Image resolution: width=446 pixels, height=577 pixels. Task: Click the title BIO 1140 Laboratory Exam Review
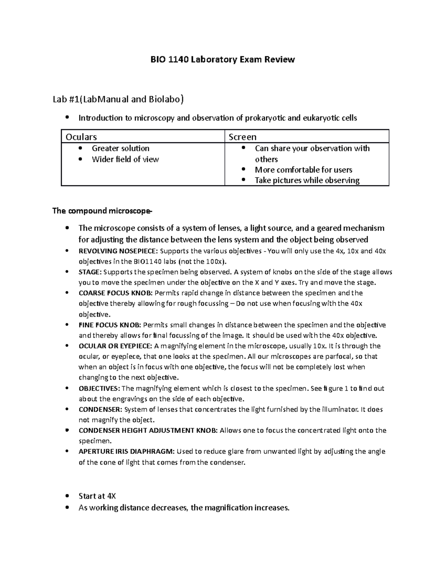click(x=222, y=59)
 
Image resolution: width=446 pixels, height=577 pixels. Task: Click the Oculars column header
click(x=81, y=137)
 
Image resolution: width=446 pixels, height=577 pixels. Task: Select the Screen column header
click(x=242, y=137)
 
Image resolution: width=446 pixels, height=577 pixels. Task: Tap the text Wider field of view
click(x=125, y=159)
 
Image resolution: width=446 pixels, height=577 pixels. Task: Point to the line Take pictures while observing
click(x=307, y=181)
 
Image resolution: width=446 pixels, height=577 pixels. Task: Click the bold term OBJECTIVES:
click(x=99, y=389)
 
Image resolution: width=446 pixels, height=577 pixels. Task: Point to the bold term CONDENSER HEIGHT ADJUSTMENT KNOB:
click(x=148, y=431)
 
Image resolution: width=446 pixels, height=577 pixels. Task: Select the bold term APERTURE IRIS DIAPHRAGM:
click(x=126, y=452)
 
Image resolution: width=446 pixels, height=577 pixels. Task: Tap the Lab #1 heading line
click(x=118, y=99)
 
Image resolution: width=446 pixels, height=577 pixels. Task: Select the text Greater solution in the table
click(x=120, y=148)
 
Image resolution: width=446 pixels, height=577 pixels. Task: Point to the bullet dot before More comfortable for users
click(x=244, y=170)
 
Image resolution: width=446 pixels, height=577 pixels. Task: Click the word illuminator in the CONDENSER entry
click(x=339, y=410)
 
